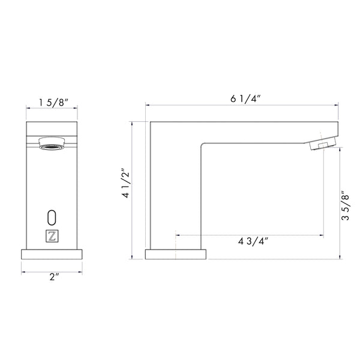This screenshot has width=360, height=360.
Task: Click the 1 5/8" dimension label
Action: point(53,102)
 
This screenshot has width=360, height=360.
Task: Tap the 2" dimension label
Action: point(55,277)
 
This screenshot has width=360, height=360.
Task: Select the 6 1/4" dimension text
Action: point(245,99)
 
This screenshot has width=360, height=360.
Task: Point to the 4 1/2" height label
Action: point(126,183)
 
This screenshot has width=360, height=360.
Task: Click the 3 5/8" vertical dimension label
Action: point(345,205)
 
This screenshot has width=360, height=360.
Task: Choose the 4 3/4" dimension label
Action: point(253,241)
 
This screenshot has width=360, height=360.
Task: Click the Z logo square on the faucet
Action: point(52,236)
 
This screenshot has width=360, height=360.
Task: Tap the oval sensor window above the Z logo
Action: point(52,217)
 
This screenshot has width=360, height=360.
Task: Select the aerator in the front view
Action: point(52,143)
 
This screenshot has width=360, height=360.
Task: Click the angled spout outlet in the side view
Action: point(322,144)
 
